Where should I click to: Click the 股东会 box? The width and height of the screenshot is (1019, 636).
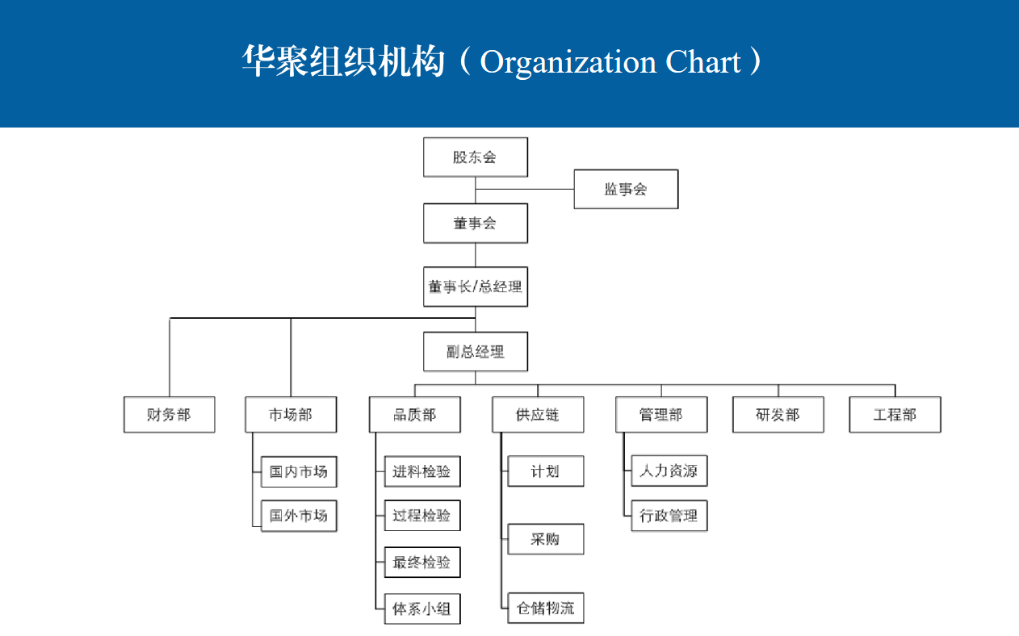click(476, 157)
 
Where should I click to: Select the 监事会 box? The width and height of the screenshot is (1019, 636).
click(626, 189)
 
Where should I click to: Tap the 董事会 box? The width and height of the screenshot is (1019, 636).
click(476, 224)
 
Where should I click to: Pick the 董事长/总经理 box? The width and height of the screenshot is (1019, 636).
click(476, 287)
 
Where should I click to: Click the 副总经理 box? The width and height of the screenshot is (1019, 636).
click(476, 351)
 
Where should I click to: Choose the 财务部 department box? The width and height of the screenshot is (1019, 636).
click(170, 415)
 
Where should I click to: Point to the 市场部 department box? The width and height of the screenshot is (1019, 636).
click(291, 415)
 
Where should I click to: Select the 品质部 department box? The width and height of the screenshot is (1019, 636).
click(414, 415)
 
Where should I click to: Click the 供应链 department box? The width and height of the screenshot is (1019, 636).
click(538, 415)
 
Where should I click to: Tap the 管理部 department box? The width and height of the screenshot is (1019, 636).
click(661, 415)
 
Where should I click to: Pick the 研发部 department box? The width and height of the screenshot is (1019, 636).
click(778, 415)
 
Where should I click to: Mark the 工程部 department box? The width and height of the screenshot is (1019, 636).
click(895, 415)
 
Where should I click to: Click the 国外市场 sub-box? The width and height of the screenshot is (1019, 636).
click(299, 516)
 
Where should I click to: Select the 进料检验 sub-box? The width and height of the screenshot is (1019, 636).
click(422, 471)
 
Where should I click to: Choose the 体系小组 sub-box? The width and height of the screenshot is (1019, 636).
click(422, 609)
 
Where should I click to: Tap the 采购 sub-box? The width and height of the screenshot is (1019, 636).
click(546, 539)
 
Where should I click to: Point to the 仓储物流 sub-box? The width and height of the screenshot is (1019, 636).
click(546, 608)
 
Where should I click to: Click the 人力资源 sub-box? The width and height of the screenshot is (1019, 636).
click(669, 471)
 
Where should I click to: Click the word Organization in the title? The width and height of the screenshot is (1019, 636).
click(568, 63)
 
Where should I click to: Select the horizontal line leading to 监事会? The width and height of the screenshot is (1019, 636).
click(525, 189)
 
